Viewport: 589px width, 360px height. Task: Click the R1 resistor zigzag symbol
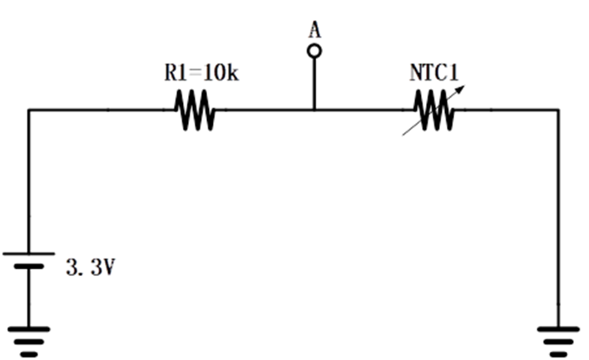point(195,110)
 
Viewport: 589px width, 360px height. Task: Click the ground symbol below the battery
point(31,336)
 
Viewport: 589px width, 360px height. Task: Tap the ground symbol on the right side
point(560,336)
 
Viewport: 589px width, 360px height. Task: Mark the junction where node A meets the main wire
point(314,109)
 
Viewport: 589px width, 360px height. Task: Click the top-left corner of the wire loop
point(31,109)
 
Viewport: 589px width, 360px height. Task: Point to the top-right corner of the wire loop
point(560,109)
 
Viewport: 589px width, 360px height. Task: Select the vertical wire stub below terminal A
point(314,83)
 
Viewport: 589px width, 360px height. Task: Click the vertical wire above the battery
point(31,183)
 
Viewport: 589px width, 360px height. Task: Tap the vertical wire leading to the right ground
point(560,216)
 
